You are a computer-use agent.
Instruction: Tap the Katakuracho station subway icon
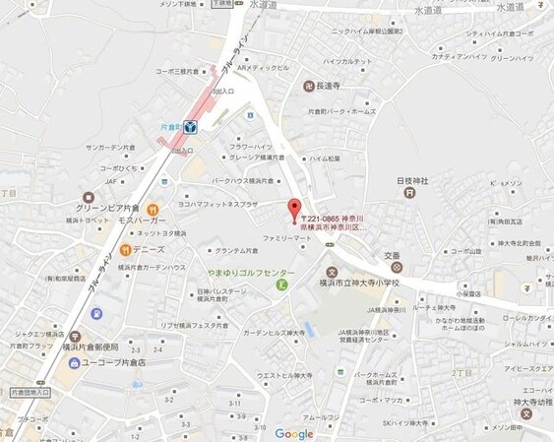(x=190, y=126)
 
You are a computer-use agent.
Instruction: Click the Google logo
(x=294, y=433)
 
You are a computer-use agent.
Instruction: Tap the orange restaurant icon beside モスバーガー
(x=153, y=210)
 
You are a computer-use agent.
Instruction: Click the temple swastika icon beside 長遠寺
(x=309, y=86)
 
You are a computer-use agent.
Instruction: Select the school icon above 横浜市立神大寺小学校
(x=332, y=273)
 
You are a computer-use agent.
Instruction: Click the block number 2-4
(x=155, y=349)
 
